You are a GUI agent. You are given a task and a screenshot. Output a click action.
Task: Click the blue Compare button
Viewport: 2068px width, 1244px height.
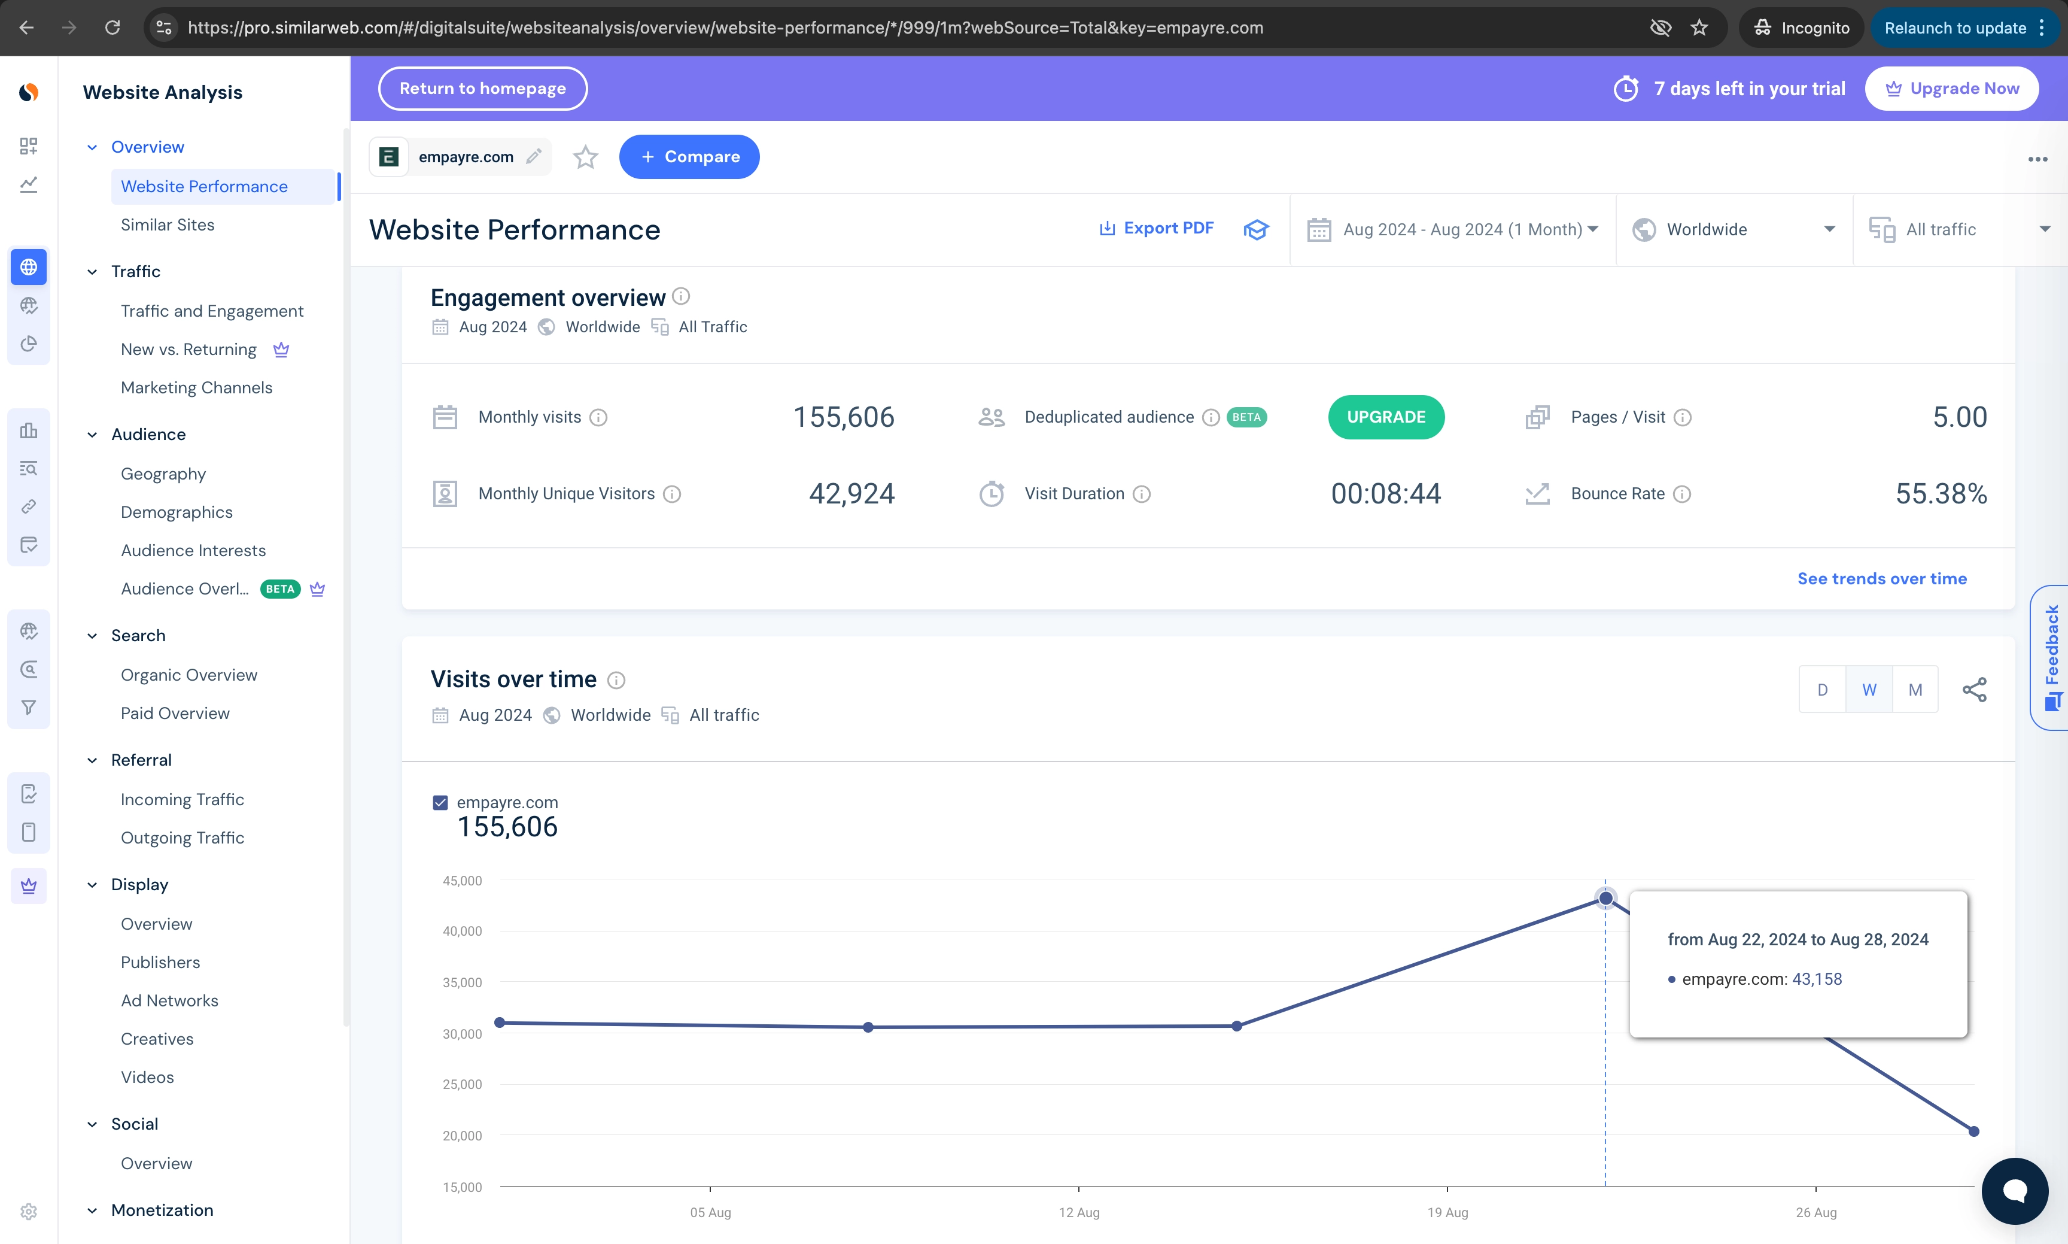[x=689, y=157]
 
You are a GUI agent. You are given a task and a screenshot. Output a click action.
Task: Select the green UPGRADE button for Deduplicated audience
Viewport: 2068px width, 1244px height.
[x=1385, y=417]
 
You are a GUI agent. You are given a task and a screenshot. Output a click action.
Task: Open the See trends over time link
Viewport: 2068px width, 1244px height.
[x=1881, y=578]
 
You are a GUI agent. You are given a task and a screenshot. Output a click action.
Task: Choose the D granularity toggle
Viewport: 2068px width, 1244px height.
[x=1821, y=689]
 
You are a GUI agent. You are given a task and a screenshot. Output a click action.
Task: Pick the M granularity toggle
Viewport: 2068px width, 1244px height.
[x=1915, y=689]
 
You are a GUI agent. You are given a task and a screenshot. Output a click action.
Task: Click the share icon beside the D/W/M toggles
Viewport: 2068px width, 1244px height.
[x=1973, y=689]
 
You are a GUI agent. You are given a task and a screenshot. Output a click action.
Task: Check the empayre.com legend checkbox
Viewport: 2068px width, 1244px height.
[x=440, y=802]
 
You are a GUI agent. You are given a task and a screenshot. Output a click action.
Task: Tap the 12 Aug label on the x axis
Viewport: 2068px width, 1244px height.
[x=1078, y=1212]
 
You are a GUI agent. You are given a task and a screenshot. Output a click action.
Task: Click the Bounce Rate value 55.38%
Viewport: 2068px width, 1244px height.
[x=1941, y=494]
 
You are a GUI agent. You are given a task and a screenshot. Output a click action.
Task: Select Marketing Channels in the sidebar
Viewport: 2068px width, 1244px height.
[x=196, y=387]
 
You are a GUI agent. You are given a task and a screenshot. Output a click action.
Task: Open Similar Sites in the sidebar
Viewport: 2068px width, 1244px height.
[x=168, y=224]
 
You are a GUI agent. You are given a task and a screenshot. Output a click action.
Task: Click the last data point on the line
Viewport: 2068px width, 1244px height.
[x=1973, y=1131]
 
